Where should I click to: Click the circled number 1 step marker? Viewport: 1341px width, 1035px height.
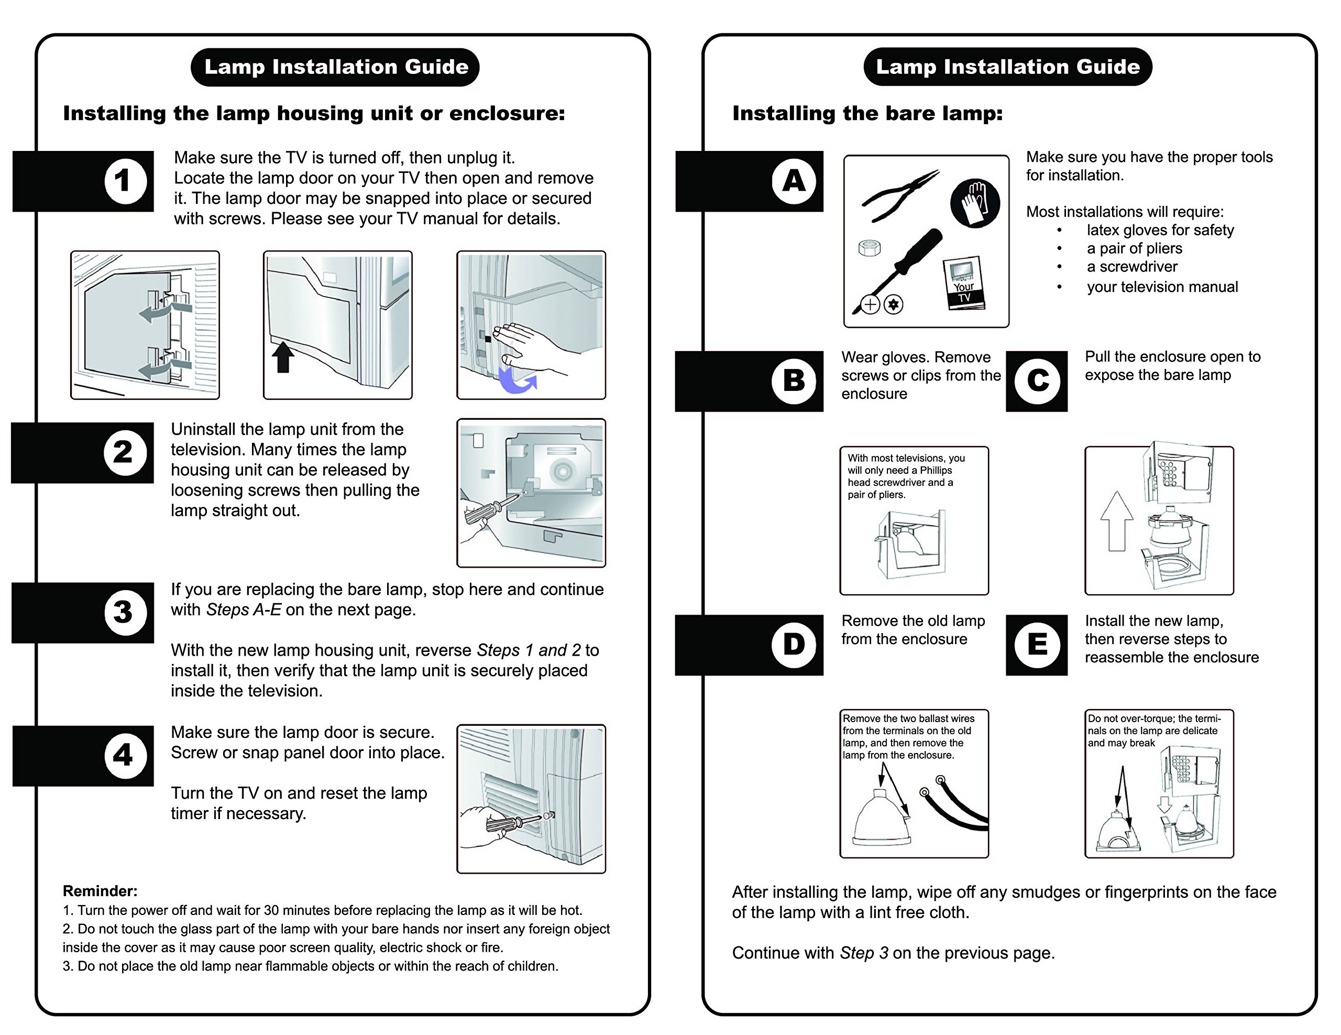pos(125,181)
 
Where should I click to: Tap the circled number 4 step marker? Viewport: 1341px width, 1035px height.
pos(125,755)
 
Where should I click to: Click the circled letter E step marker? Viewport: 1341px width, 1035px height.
pos(1037,645)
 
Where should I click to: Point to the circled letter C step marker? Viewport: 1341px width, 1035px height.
pos(1037,381)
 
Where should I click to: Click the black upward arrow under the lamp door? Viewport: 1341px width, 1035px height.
pos(282,357)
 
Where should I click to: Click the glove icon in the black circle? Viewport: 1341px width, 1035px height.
pos(974,203)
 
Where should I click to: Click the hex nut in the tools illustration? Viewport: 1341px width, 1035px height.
pos(870,247)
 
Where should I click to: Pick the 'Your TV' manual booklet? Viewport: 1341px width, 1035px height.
pos(964,282)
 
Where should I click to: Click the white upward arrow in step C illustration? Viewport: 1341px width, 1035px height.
pos(1117,521)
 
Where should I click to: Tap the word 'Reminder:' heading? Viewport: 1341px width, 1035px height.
pos(100,891)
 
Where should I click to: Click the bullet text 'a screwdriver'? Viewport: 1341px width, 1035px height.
pos(1131,267)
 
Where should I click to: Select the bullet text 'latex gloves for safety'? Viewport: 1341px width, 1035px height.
pos(1160,231)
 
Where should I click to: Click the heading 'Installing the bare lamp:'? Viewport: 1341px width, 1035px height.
pos(867,113)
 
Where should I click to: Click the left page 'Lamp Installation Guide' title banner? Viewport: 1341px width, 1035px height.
pos(335,67)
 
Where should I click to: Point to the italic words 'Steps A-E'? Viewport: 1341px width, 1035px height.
pos(244,609)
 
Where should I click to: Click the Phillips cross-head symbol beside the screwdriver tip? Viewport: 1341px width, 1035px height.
pos(870,304)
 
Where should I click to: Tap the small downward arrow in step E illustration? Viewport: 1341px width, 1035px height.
pos(1164,804)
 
